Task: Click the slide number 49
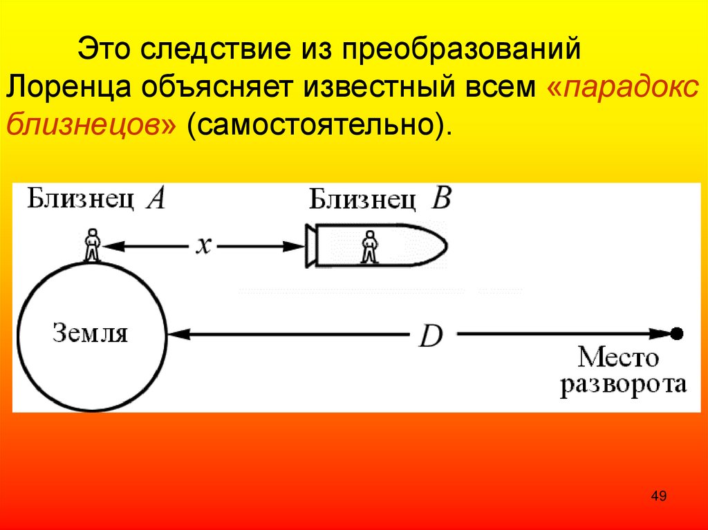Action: (x=658, y=496)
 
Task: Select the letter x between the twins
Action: (x=203, y=245)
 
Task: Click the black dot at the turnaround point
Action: (x=676, y=334)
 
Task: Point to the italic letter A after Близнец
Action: (x=157, y=200)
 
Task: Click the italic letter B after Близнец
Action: (x=440, y=200)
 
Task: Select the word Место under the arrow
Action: (x=619, y=359)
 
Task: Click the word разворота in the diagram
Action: (x=623, y=384)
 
